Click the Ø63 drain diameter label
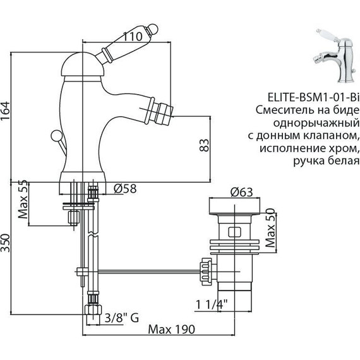(242, 192)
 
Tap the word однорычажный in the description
(320, 123)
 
